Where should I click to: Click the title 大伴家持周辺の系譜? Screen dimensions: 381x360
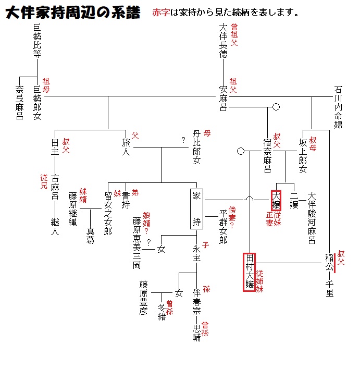tap(72, 13)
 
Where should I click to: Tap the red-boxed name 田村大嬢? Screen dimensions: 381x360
tap(250, 272)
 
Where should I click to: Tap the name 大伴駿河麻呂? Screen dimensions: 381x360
tap(312, 217)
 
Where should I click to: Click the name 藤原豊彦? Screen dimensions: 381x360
tap(143, 298)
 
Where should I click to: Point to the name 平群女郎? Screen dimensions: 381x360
tap(223, 227)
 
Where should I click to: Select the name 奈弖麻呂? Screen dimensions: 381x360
tap(20, 103)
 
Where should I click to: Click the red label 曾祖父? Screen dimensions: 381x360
tap(234, 35)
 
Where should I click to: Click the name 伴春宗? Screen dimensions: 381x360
tap(196, 302)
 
